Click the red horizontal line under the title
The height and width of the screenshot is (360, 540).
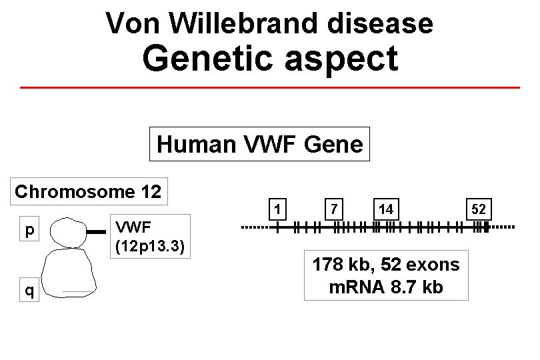[x=270, y=87]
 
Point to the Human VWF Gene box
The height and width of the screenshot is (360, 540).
[x=259, y=144]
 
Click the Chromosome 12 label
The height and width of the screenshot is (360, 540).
[x=88, y=192]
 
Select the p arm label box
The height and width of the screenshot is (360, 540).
[x=29, y=231]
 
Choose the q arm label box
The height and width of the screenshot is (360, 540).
[x=29, y=290]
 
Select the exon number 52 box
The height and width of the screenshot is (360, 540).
[x=479, y=210]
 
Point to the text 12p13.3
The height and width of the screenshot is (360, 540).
[x=149, y=246]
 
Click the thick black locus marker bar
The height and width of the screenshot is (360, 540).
[x=97, y=232]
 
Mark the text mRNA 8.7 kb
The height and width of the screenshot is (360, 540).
[x=386, y=288]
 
